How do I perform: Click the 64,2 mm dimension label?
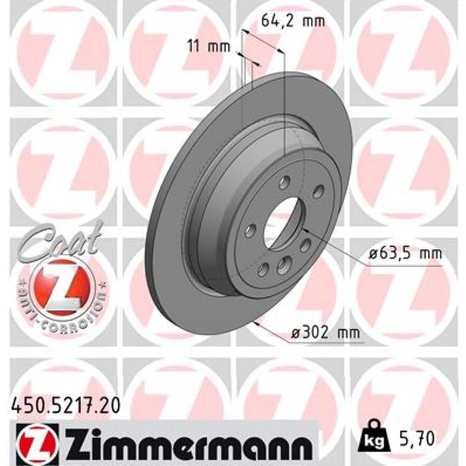pyautogui.click(x=293, y=21)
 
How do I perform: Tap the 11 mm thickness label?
pyautogui.click(x=209, y=47)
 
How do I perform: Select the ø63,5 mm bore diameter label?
pyautogui.click(x=405, y=254)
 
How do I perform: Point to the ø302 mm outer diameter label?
pyautogui.click(x=325, y=333)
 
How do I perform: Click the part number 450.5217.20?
pyautogui.click(x=66, y=405)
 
